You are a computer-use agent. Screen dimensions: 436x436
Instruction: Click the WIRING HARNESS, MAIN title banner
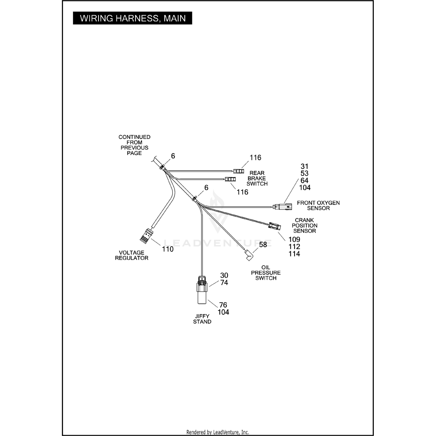132,18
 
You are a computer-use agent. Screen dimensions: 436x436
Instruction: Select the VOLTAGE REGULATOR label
132,255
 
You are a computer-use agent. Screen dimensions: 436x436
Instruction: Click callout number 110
168,249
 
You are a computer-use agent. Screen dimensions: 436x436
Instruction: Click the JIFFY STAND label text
202,319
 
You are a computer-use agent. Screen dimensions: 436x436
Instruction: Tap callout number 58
263,245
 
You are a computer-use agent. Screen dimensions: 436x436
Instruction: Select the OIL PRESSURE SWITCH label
266,273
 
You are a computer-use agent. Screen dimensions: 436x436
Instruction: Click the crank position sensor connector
274,226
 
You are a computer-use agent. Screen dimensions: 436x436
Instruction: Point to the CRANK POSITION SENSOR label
304,226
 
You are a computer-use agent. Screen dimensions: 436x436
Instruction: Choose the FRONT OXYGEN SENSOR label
318,206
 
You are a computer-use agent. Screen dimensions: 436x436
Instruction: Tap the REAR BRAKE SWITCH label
257,178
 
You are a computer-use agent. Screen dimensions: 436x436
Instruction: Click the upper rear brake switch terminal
238,171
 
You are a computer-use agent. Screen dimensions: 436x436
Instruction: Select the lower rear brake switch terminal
230,179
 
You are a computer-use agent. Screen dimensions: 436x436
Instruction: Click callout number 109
294,240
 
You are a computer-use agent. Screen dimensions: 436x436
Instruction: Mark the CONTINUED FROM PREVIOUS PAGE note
134,145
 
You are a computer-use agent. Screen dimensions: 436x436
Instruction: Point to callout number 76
223,305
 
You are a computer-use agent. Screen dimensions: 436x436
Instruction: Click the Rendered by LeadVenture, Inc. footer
217,432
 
